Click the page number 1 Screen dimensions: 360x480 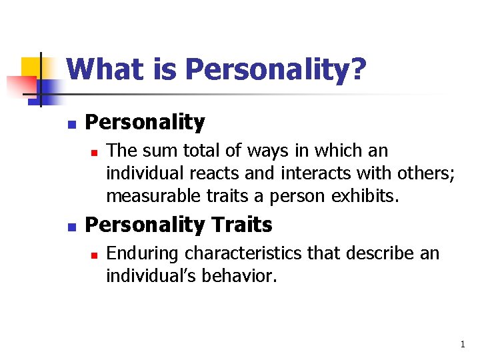pos(462,345)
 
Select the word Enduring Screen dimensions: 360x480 pos(143,253)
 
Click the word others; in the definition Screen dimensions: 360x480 pos(422,174)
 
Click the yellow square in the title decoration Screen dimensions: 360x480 pos(31,68)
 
